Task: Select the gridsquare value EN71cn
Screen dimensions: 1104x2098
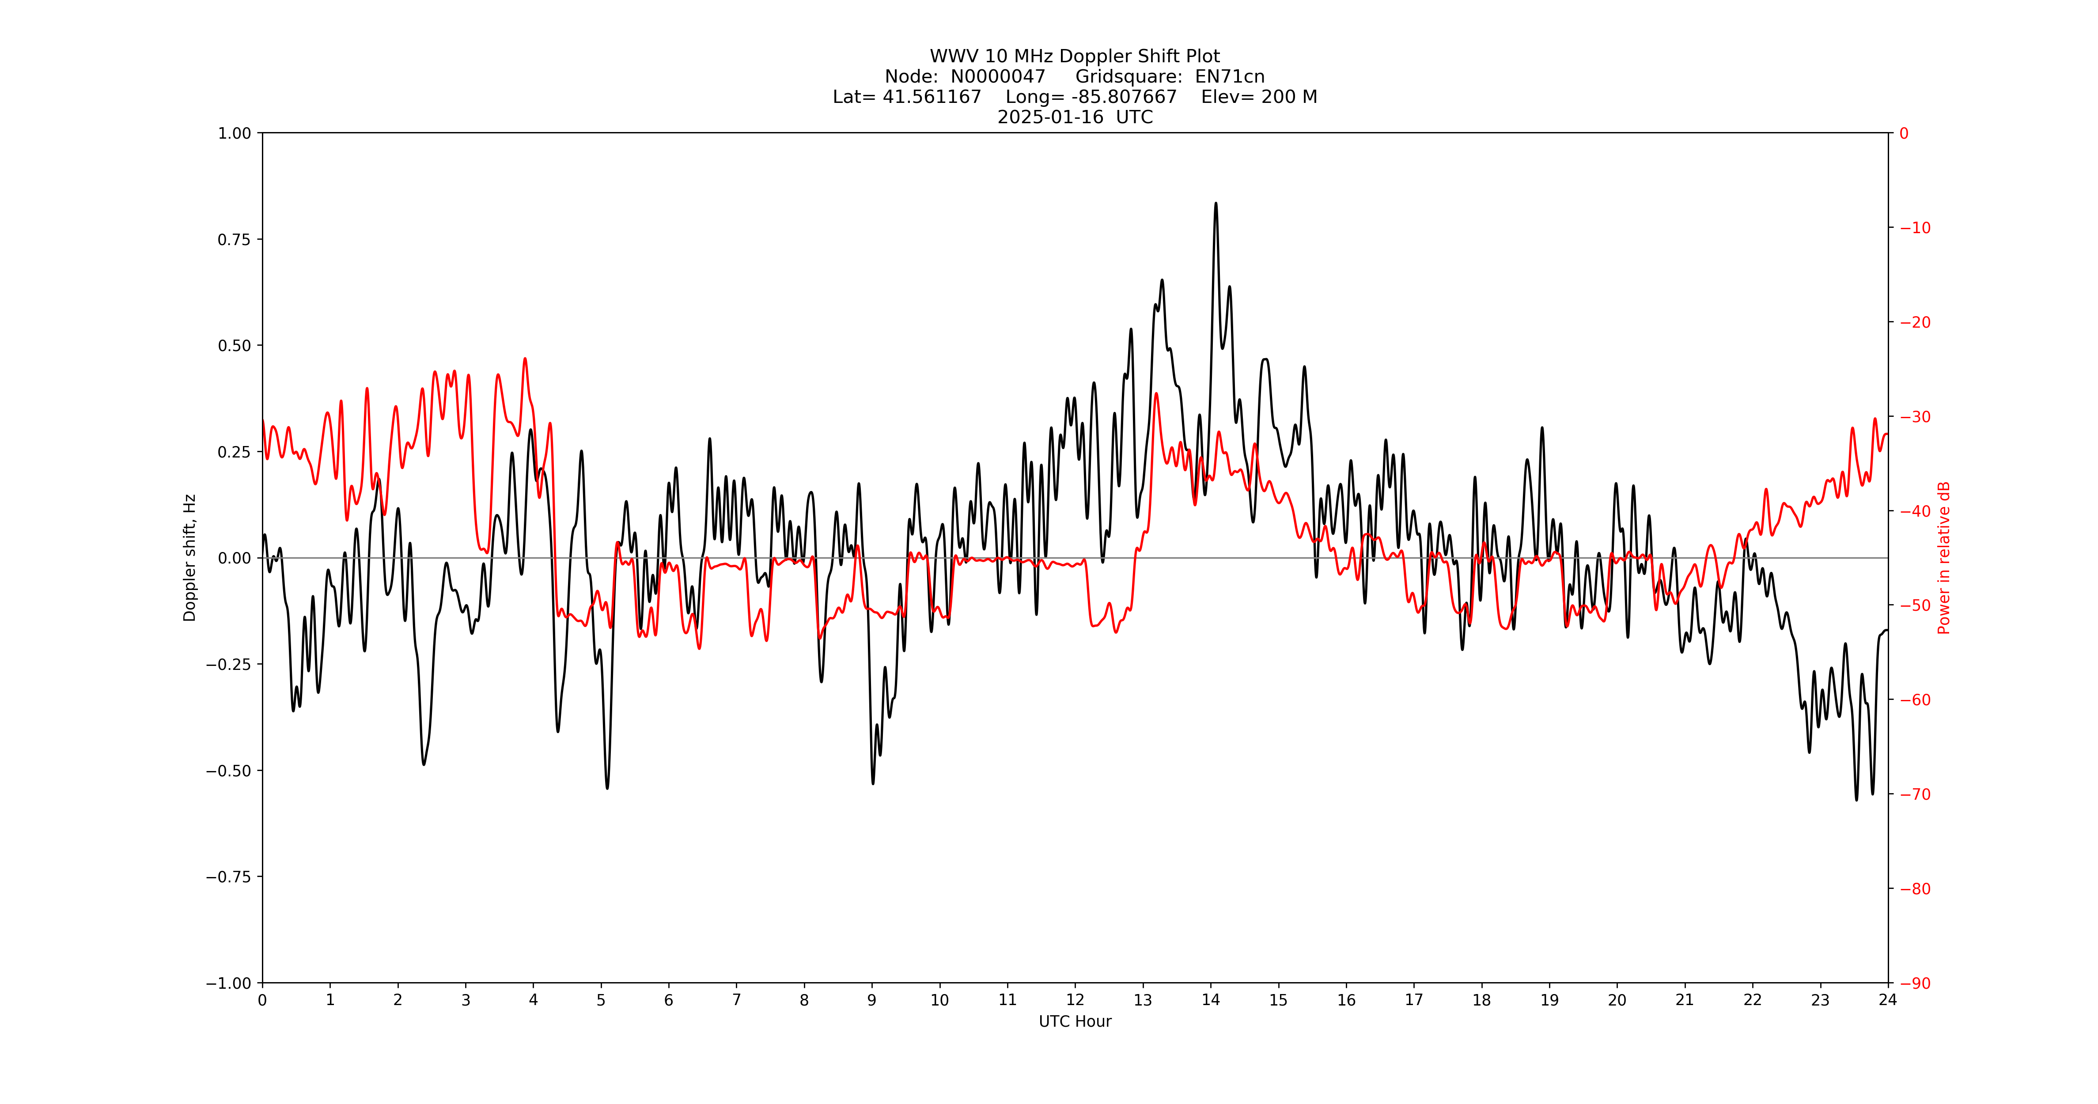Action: pyautogui.click(x=1229, y=76)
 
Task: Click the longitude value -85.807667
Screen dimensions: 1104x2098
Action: pyautogui.click(x=1124, y=97)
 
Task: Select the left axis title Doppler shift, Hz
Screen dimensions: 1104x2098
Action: pyautogui.click(x=190, y=558)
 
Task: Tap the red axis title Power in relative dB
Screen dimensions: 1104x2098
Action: pyautogui.click(x=1943, y=558)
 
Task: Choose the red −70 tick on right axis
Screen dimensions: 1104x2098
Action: pyautogui.click(x=1915, y=794)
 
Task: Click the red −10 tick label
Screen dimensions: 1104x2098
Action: pyautogui.click(x=1915, y=228)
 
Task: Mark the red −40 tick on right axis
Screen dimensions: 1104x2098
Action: pyautogui.click(x=1915, y=511)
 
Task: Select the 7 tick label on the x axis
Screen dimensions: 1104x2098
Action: pyautogui.click(x=736, y=1000)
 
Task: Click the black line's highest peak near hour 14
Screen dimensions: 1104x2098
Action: pyautogui.click(x=1216, y=204)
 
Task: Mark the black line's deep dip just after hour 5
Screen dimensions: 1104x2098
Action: pyautogui.click(x=607, y=787)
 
